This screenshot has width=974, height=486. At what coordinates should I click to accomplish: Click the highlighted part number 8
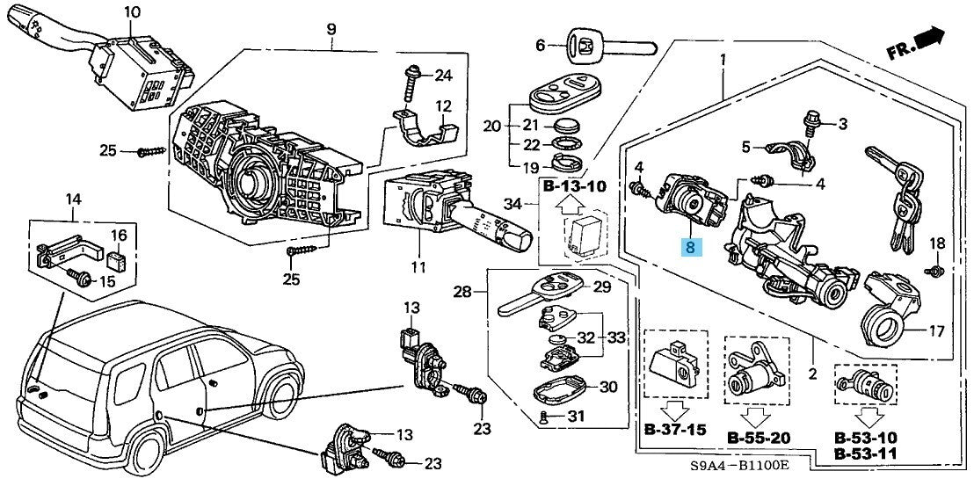click(690, 247)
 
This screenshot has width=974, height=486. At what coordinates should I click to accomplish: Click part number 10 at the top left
click(131, 11)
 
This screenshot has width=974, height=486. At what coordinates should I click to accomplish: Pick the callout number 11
click(417, 267)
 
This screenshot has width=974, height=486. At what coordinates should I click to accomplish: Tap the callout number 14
click(73, 202)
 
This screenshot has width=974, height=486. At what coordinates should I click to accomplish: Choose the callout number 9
click(331, 30)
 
